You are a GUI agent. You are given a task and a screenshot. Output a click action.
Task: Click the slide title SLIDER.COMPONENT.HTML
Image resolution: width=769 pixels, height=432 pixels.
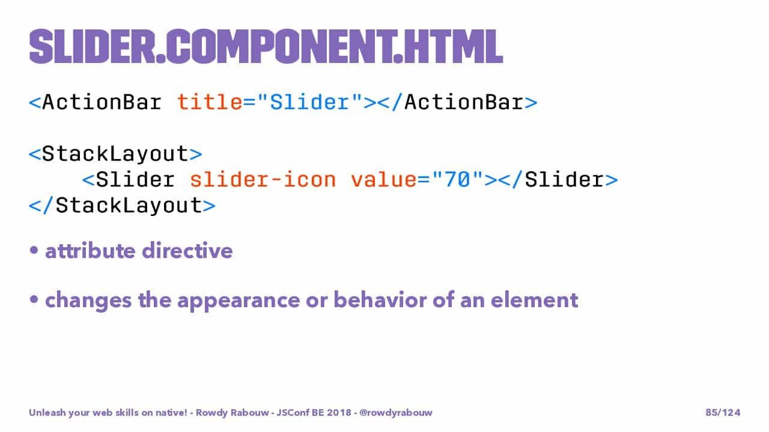(266, 47)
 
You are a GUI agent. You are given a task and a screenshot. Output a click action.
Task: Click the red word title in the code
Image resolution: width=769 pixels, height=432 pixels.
(210, 102)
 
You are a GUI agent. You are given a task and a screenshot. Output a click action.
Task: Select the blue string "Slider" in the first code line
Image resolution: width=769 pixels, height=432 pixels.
(309, 102)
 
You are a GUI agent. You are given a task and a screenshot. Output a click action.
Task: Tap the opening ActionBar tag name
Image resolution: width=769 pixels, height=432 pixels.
(102, 102)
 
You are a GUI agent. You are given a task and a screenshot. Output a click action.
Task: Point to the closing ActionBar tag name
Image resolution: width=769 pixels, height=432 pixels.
(464, 102)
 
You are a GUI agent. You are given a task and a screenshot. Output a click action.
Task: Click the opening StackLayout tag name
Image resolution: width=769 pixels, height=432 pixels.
(115, 154)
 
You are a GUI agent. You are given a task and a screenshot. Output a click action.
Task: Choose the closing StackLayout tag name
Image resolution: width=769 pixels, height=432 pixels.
(129, 206)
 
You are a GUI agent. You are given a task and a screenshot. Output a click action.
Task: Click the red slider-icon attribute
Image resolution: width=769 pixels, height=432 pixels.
(263, 179)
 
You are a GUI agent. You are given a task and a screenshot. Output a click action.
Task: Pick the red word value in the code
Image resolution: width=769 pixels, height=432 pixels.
(384, 179)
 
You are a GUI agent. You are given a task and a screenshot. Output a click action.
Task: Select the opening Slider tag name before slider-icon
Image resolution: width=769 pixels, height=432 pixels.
(135, 179)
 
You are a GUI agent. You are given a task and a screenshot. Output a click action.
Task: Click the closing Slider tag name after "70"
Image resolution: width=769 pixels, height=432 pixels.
(564, 179)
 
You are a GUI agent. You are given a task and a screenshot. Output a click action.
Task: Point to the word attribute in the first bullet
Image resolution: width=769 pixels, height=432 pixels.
(90, 251)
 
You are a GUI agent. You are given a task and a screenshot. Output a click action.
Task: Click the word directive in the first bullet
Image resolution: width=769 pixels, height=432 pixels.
(187, 251)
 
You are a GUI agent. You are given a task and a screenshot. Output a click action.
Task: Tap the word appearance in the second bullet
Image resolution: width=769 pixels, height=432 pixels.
(239, 301)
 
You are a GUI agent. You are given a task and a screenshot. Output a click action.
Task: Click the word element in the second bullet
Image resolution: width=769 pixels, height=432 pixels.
(535, 300)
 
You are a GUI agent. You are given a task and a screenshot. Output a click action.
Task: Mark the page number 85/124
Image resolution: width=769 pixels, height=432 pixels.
(723, 412)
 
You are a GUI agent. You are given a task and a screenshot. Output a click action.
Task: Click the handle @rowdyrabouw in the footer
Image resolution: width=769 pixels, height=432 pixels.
(396, 413)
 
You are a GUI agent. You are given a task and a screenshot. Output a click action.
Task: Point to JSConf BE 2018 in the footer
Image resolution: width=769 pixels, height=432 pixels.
(314, 412)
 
